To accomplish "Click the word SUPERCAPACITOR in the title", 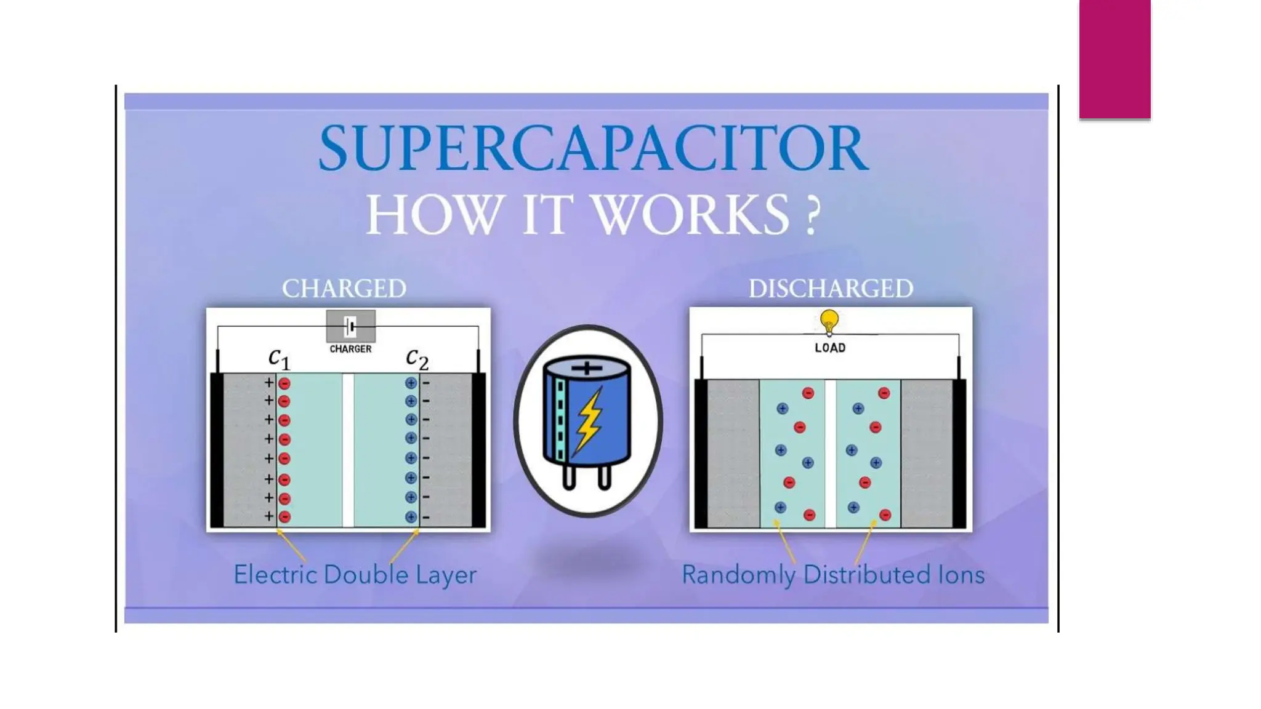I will coord(594,148).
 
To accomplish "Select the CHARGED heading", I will coord(344,289).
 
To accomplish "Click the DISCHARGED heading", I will coord(831,289).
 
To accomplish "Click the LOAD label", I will coord(830,348).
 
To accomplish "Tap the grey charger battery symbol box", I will coord(350,326).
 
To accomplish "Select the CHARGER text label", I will coord(350,349).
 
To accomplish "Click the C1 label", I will coord(279,358).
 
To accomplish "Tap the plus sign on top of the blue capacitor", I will coord(587,368).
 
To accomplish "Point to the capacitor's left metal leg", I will coord(569,478).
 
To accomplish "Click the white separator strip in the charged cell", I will coord(348,450).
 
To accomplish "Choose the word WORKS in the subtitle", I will coord(690,215).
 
